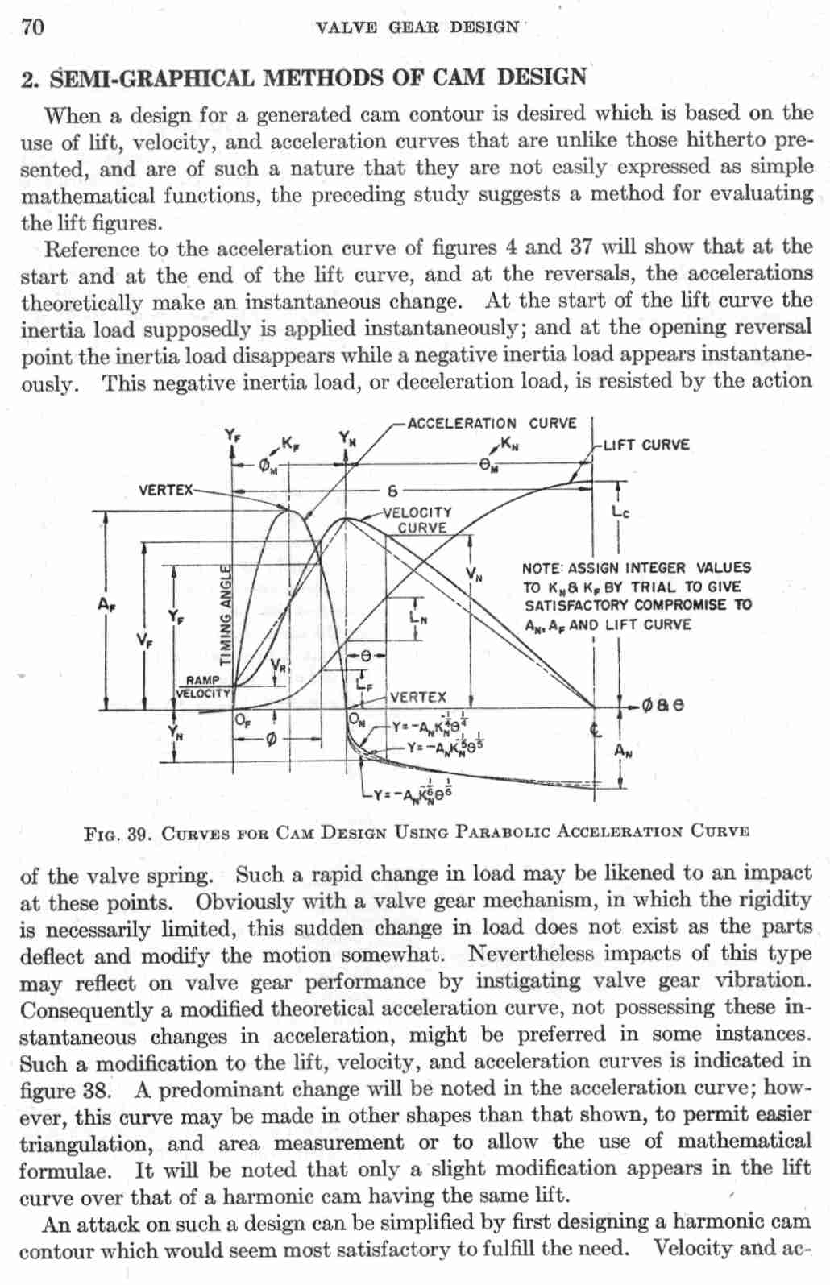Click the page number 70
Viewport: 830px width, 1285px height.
click(32, 27)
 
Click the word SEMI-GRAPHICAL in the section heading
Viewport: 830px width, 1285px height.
click(151, 79)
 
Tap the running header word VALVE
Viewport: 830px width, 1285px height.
click(346, 27)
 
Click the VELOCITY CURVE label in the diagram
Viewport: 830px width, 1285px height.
click(419, 520)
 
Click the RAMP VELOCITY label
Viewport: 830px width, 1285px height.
click(203, 686)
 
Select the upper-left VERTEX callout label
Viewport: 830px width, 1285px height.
click(166, 489)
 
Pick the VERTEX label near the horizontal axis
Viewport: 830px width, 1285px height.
click(417, 697)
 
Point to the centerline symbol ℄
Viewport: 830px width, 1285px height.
click(596, 730)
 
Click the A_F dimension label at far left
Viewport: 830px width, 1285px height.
click(106, 603)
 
